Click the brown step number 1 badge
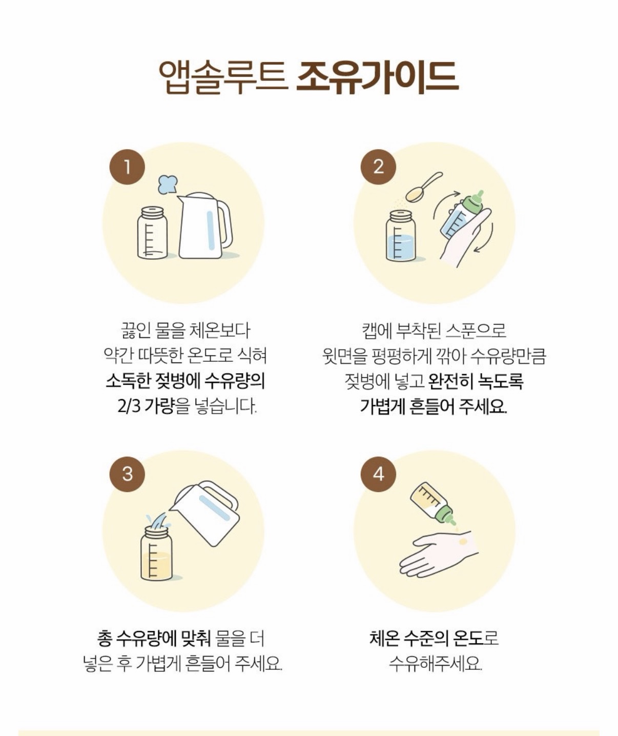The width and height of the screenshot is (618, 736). (127, 167)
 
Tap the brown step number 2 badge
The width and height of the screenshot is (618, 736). (378, 167)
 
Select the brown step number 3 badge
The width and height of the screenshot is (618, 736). (127, 474)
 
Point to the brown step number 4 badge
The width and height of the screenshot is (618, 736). (378, 474)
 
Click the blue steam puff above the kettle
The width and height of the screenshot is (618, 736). (168, 185)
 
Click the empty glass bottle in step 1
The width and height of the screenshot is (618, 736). (153, 233)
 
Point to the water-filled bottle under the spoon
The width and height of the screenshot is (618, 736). (401, 236)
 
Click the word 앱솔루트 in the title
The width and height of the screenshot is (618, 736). (223, 77)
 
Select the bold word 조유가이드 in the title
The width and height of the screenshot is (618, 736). (377, 77)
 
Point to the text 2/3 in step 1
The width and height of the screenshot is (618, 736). (129, 406)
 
